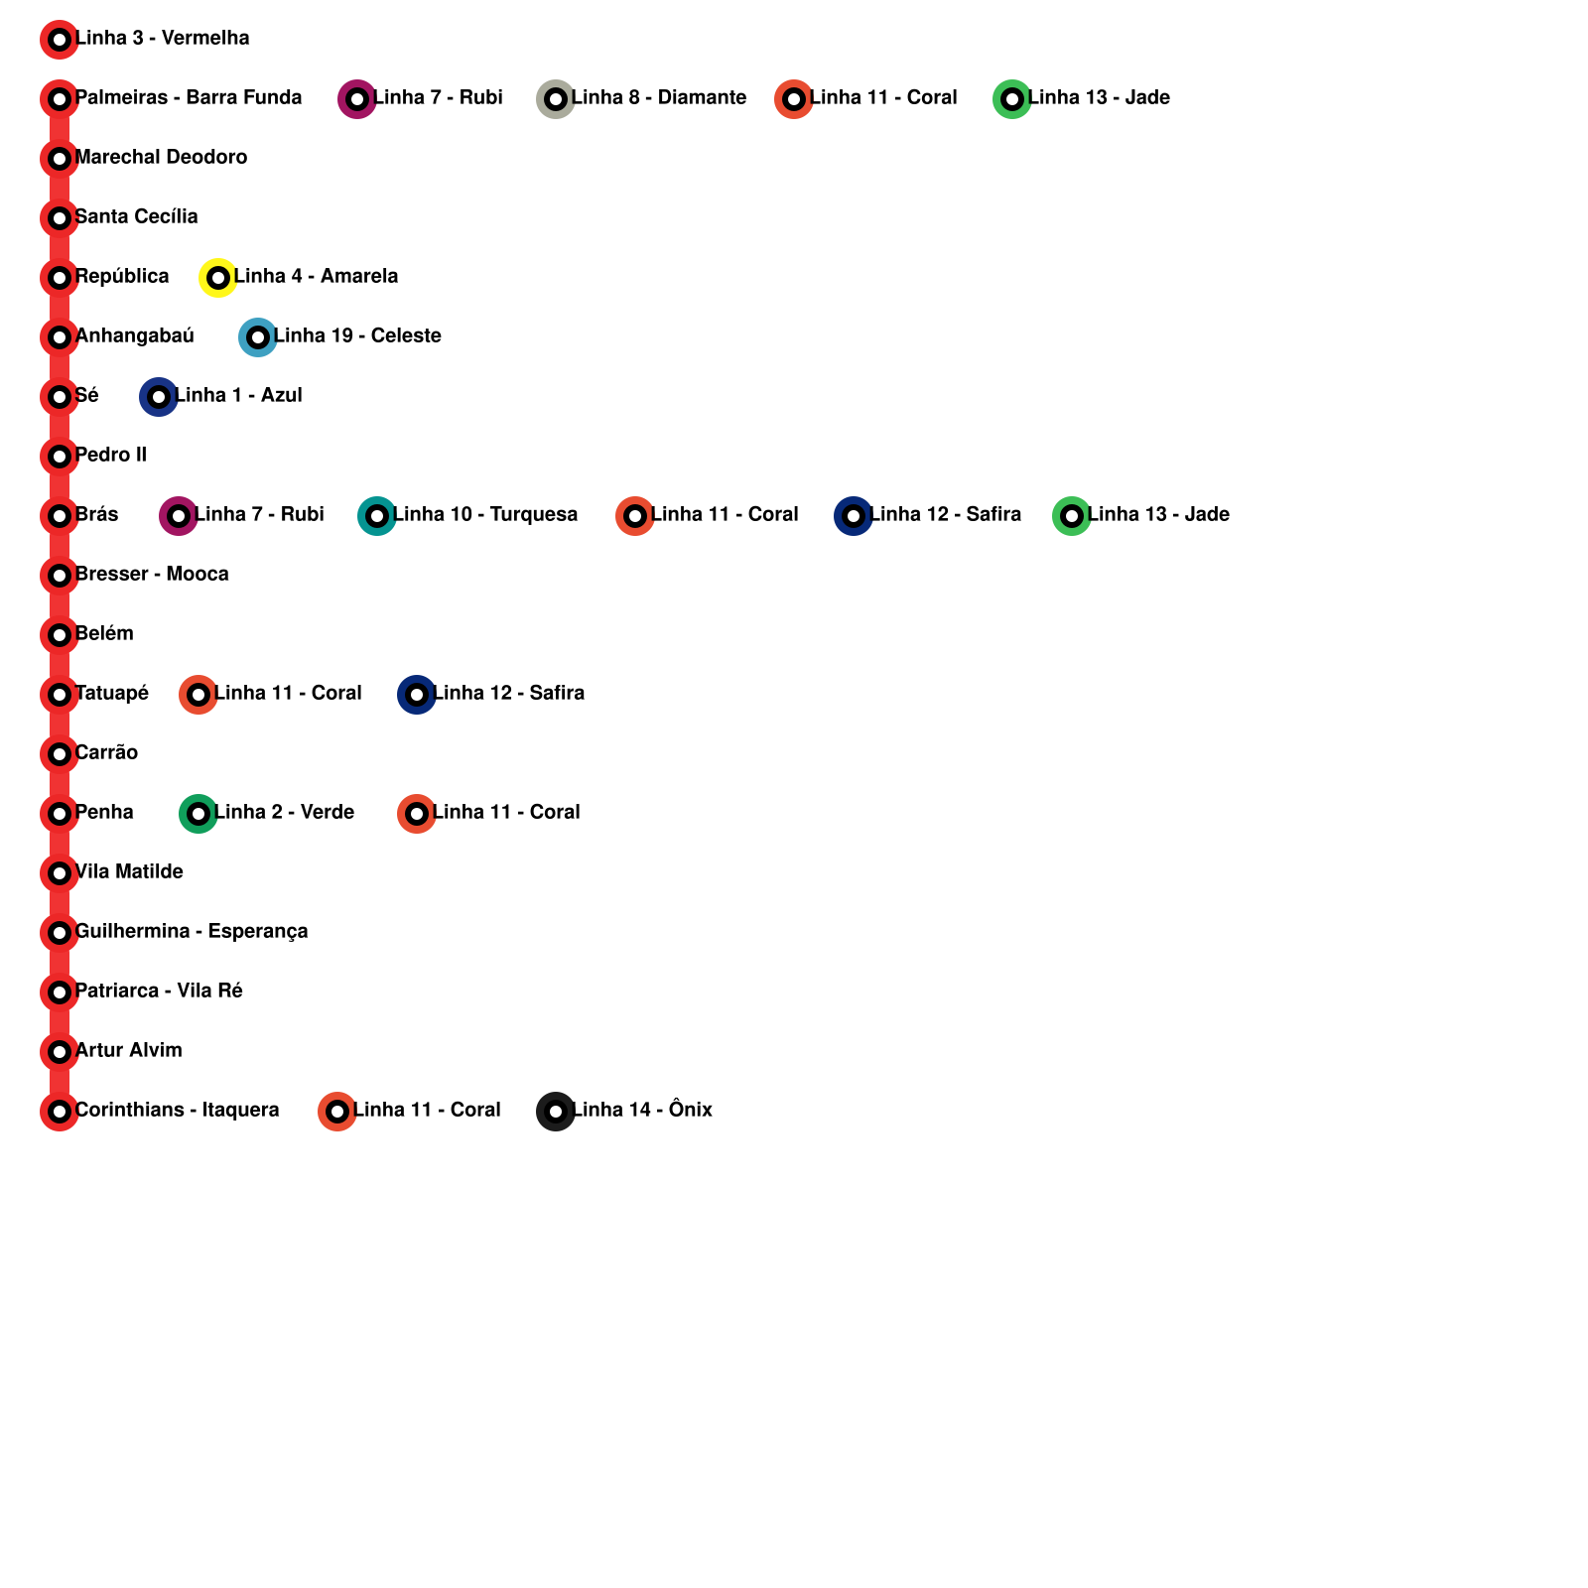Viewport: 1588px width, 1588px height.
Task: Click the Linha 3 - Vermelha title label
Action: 162,39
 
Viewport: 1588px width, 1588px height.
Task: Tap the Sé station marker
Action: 60,397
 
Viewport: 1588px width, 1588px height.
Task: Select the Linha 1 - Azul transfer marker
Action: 159,397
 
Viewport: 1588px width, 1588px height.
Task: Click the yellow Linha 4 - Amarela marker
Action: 218,278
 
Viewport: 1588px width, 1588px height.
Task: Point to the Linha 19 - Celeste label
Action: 357,336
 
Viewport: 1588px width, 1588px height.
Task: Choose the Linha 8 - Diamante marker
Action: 556,99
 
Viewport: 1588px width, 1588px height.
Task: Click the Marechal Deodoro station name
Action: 161,158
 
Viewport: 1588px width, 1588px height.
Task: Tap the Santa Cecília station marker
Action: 60,218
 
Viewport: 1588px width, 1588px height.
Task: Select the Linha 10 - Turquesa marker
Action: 377,516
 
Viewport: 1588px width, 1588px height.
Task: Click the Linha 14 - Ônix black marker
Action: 556,1112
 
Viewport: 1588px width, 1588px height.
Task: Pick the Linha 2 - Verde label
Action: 284,813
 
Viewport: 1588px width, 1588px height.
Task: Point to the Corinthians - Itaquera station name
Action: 177,1111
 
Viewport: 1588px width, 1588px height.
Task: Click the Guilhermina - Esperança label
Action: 192,932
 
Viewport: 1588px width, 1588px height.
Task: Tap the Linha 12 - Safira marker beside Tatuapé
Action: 417,695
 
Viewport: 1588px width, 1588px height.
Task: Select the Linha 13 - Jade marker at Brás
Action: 1072,516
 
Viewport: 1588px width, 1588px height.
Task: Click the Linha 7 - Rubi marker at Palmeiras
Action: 357,99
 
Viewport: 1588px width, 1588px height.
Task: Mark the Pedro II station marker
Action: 60,457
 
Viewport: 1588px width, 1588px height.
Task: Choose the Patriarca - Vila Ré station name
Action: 159,992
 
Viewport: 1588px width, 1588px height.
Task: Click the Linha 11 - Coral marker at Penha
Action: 417,814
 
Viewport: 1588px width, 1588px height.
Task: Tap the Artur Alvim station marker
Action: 60,1052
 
